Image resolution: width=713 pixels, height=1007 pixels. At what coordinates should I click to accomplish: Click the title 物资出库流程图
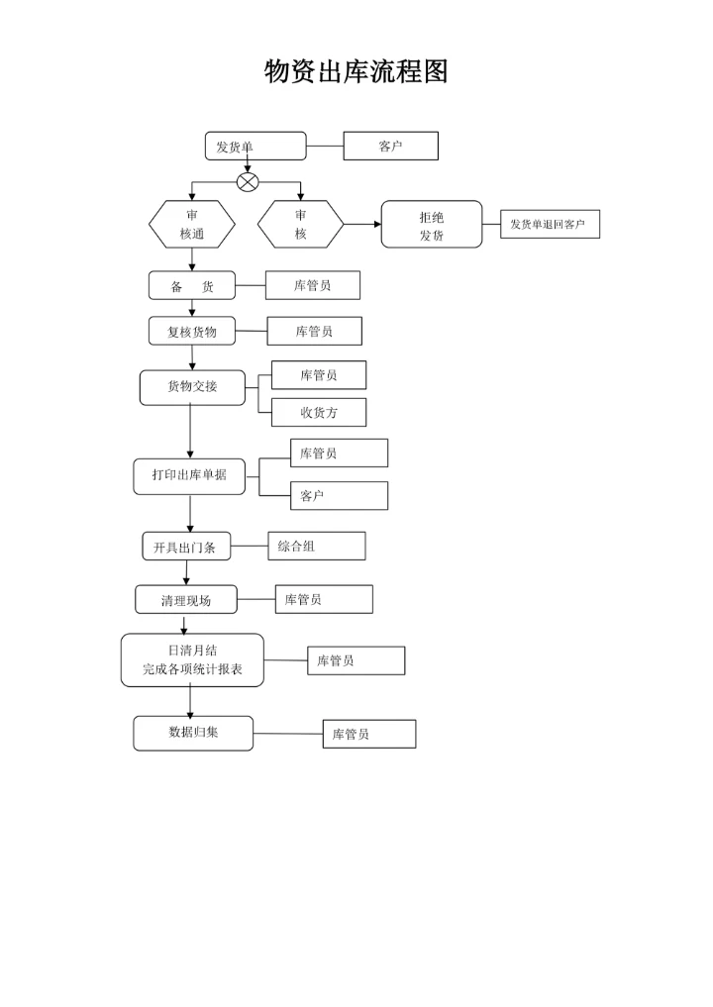point(356,71)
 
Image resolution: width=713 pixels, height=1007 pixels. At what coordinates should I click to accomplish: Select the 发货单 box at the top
point(255,147)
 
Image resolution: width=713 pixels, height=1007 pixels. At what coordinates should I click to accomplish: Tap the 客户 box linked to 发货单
point(390,147)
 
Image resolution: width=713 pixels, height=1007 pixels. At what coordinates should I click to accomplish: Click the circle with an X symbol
point(248,182)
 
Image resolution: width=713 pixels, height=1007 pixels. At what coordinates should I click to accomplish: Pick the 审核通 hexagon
point(192,225)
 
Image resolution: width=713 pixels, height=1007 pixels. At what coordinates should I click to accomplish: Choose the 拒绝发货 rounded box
point(432,225)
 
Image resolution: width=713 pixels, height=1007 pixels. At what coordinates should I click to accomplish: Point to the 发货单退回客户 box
point(549,225)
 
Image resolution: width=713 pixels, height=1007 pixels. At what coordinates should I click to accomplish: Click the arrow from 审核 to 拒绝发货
point(362,225)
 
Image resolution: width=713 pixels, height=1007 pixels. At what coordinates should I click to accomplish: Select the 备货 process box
point(192,286)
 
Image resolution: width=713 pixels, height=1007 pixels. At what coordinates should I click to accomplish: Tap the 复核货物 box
point(192,332)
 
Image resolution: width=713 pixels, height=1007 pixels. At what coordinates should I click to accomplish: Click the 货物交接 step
point(192,387)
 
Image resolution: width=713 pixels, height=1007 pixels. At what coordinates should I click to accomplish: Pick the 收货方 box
point(319,413)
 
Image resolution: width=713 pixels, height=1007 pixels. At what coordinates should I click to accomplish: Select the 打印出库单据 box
point(189,475)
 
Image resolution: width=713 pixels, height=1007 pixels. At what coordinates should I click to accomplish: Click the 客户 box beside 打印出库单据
point(339,496)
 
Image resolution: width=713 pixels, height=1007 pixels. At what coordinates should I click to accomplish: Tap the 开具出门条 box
point(186,547)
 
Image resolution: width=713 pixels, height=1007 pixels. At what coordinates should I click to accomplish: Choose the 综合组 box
point(316,546)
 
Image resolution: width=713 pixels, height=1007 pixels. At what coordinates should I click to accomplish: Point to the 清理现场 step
point(186,600)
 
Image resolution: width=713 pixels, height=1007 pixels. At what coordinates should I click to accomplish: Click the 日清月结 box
point(192,660)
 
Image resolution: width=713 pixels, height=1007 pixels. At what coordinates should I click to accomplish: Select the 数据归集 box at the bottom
point(193,733)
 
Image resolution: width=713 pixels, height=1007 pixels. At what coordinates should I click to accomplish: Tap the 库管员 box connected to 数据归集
point(368,734)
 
